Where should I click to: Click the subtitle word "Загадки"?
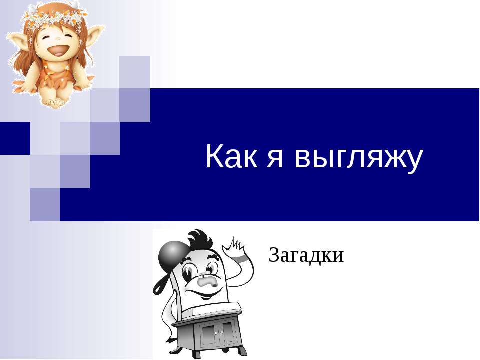pos(306,256)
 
